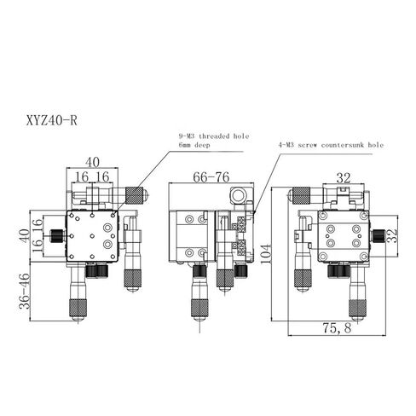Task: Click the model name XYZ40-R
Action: tap(48, 120)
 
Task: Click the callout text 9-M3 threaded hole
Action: tap(213, 136)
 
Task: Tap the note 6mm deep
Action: tap(195, 146)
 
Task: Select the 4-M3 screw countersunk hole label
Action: tap(331, 146)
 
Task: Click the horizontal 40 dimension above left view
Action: tap(92, 161)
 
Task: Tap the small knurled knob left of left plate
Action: tap(55, 234)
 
